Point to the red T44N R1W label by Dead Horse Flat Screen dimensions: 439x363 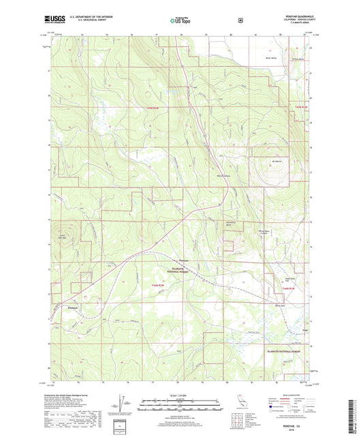click(289, 289)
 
